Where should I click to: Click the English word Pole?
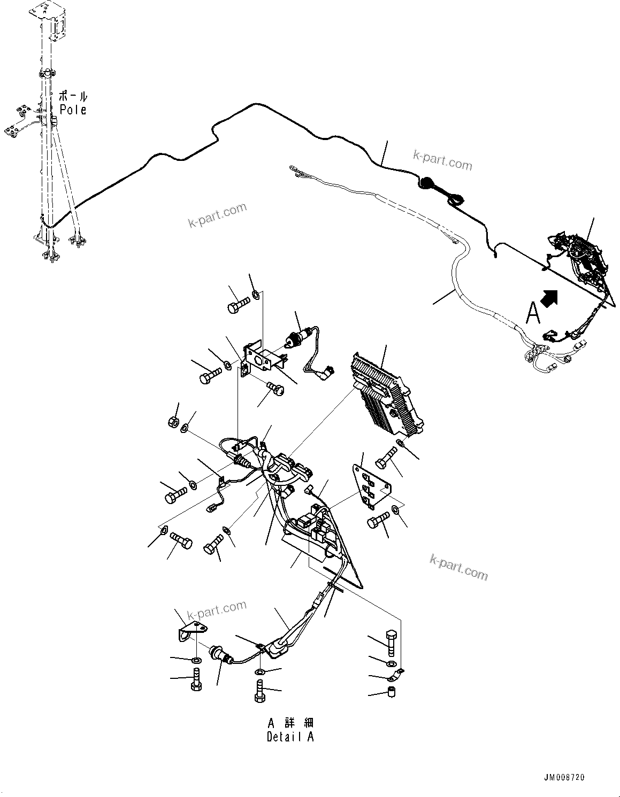73,110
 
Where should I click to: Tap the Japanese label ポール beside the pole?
73,97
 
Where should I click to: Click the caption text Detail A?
290,737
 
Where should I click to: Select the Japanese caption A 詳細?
290,723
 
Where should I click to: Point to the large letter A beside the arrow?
533,314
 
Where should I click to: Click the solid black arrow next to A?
551,297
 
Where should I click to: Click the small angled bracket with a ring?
190,629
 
